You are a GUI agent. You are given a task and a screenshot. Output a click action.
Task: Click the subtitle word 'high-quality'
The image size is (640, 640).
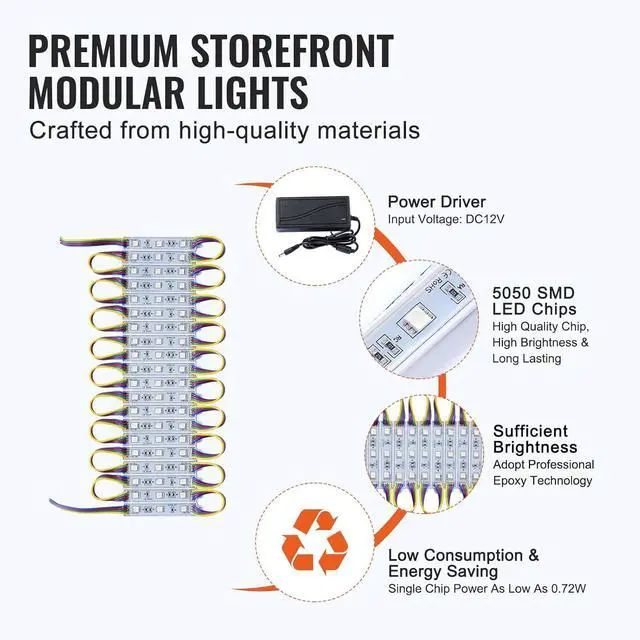229,130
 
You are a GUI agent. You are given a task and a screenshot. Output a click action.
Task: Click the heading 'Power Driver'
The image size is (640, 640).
436,201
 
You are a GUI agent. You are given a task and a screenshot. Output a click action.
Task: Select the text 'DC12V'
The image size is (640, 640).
486,220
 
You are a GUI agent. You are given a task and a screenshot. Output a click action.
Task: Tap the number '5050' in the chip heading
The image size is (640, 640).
515,293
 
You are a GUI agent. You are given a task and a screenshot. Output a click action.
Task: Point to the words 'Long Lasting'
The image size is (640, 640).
527,359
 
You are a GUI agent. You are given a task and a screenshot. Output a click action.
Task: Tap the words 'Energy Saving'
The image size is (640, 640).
443,571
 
